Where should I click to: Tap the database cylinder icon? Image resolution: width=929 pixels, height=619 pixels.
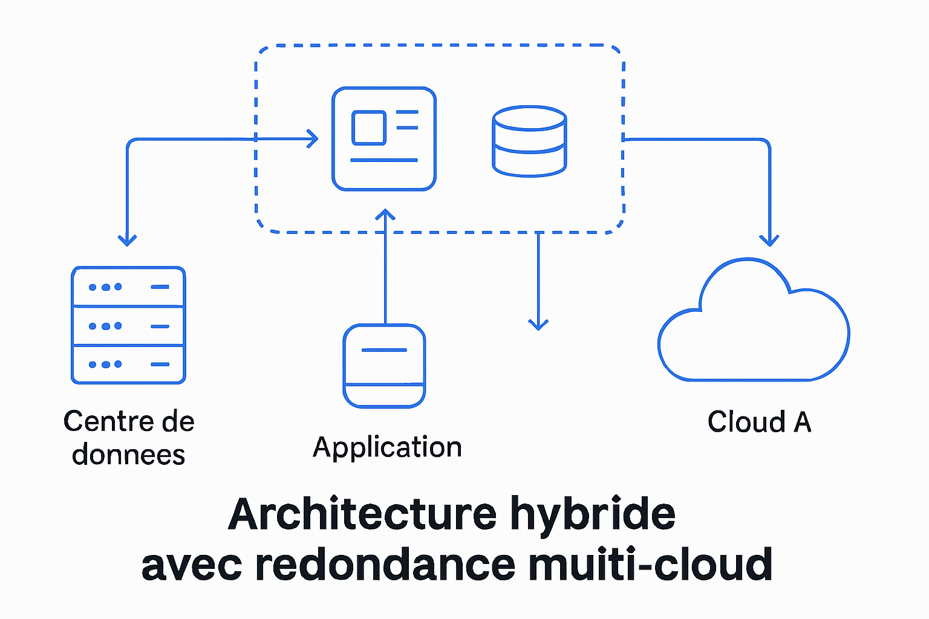[529, 141]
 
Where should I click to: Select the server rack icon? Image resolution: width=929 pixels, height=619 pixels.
[128, 325]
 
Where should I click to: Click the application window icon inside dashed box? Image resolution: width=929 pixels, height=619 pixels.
[384, 139]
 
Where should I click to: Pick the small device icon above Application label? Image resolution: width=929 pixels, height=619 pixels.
[384, 366]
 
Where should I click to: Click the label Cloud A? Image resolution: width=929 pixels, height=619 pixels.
[759, 422]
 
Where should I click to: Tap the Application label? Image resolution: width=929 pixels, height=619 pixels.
[387, 448]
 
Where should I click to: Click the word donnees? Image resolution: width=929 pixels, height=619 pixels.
[128, 455]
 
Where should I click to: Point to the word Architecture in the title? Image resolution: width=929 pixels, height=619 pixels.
[362, 514]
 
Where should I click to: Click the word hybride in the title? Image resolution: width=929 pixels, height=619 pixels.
[592, 514]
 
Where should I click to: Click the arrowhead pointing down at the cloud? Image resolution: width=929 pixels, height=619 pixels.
[769, 240]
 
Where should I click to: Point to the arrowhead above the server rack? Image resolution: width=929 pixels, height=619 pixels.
[127, 240]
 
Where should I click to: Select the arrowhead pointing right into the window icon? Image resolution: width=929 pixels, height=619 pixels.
[312, 138]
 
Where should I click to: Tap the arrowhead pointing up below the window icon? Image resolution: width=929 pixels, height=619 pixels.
[385, 215]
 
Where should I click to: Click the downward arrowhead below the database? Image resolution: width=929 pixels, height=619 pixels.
[538, 324]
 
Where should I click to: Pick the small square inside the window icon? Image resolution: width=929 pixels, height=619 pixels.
[369, 128]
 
